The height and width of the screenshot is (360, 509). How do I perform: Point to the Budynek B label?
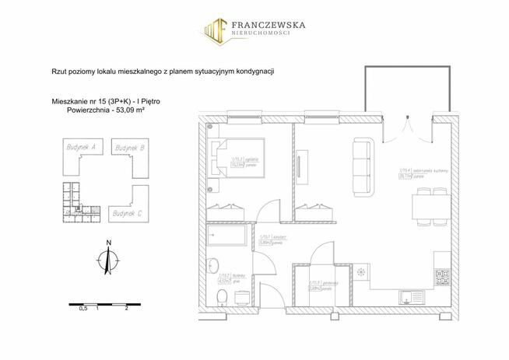click(x=129, y=146)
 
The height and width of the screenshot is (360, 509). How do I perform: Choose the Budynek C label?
click(x=126, y=211)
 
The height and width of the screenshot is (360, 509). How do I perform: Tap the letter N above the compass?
click(x=109, y=243)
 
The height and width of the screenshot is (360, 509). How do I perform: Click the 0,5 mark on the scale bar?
click(x=82, y=308)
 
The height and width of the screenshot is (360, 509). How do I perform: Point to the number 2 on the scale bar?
click(x=126, y=308)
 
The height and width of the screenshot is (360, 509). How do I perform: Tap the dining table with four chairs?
click(x=424, y=208)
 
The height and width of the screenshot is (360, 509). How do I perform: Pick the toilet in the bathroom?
click(x=222, y=296)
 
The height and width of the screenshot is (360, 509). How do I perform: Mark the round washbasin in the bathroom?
click(x=220, y=261)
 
